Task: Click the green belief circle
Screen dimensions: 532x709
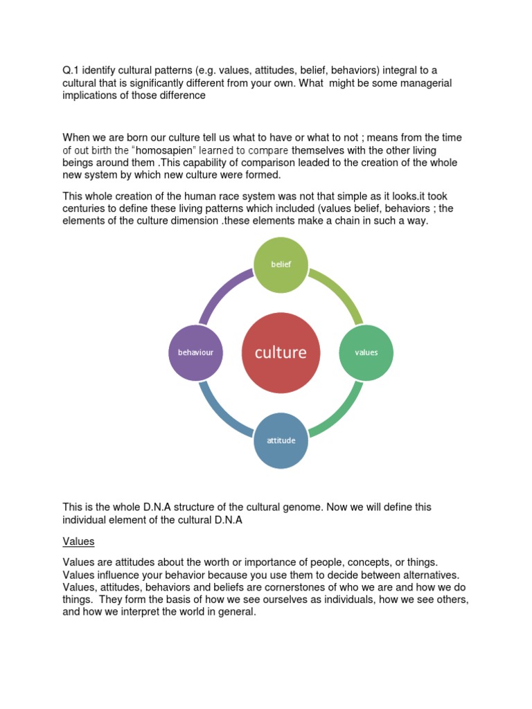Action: point(281,264)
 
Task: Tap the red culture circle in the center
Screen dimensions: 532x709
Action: point(281,352)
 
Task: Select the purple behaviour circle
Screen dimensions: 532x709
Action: point(195,352)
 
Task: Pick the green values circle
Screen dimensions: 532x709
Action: point(366,352)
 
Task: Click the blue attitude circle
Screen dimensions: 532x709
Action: point(281,440)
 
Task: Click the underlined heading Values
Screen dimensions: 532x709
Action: point(78,541)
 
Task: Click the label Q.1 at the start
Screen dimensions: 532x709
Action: point(71,70)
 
